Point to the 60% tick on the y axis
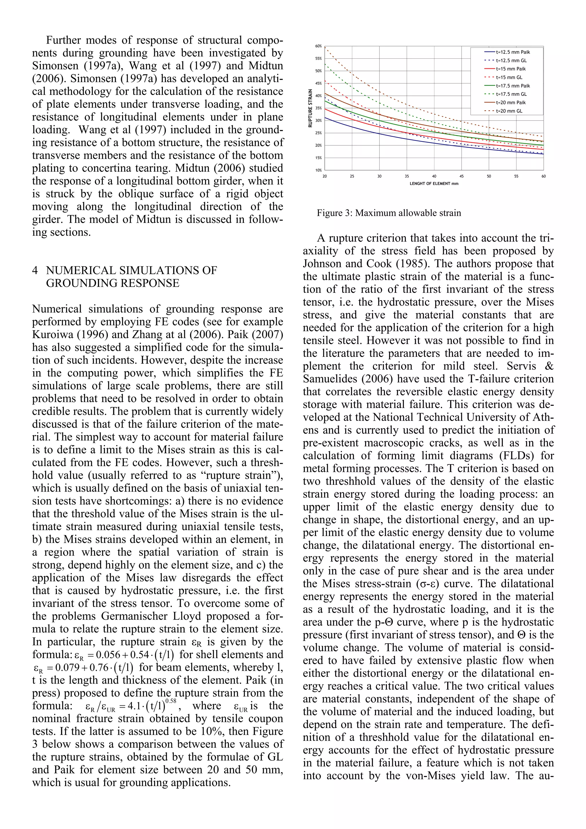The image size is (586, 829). [318, 46]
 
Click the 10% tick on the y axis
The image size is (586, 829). [318, 170]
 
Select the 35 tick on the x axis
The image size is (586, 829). [407, 176]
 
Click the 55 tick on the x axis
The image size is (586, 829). [516, 176]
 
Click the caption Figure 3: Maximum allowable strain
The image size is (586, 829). [389, 213]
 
